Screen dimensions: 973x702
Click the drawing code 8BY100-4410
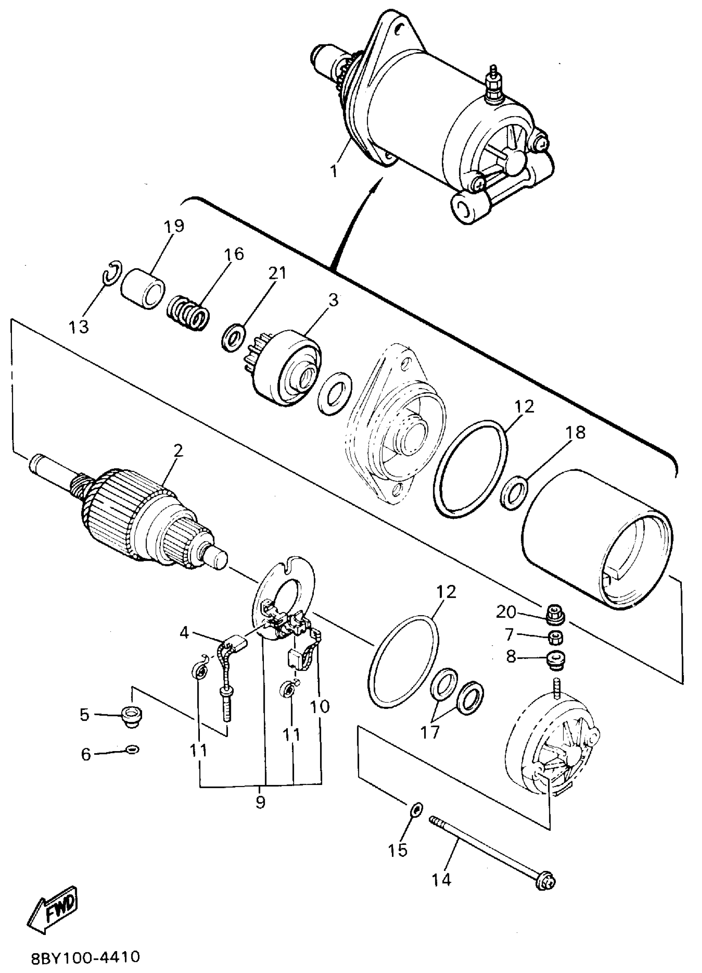(86, 957)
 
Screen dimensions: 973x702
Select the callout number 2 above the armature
(178, 450)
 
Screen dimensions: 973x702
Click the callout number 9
(260, 802)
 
